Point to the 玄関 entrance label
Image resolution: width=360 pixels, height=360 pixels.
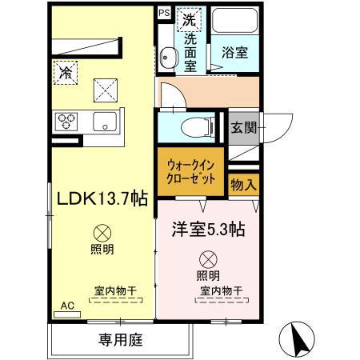[243, 127]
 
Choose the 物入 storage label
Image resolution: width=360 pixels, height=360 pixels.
[243, 185]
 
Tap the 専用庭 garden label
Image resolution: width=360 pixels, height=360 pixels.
[122, 339]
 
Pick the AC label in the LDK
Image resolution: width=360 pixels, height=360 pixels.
[66, 305]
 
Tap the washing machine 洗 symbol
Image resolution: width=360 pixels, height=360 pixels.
[189, 18]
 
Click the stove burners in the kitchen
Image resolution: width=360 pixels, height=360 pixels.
[66, 121]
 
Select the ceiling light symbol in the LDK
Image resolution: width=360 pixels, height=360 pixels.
[102, 233]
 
